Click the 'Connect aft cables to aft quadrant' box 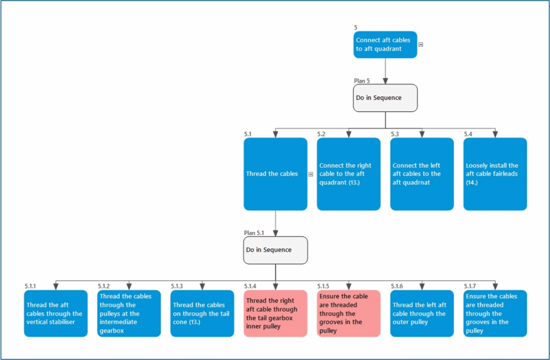[x=385, y=45]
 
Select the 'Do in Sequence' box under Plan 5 [x=385, y=98]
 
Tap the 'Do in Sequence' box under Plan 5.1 [x=275, y=250]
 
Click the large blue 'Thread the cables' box [x=275, y=174]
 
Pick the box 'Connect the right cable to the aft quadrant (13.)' [x=349, y=174]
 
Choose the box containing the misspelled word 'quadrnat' [x=422, y=174]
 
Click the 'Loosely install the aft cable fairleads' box [x=495, y=174]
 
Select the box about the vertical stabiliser [x=56, y=313]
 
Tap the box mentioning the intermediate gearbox [x=129, y=313]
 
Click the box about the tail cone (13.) [x=202, y=313]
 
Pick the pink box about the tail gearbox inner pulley [x=275, y=313]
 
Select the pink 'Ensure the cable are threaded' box [x=349, y=313]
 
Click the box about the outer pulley [x=422, y=313]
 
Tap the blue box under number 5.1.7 [x=495, y=313]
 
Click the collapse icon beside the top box [x=421, y=45]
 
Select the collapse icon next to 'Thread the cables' [x=311, y=174]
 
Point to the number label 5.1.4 [x=250, y=286]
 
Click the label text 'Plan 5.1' [x=254, y=233]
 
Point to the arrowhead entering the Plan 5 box [x=385, y=81]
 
